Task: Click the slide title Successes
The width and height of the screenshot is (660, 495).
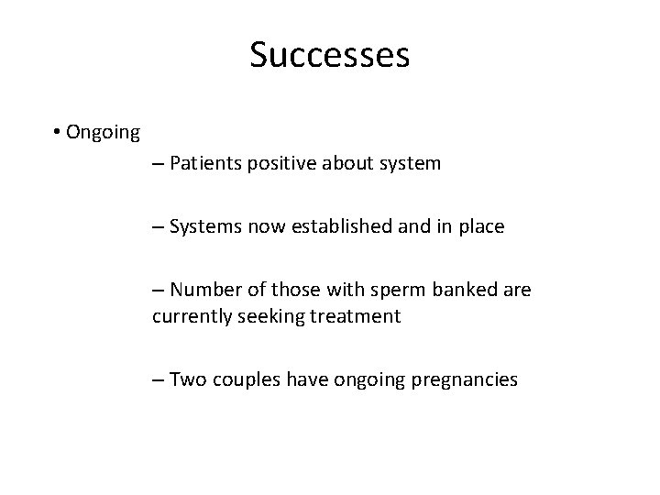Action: pyautogui.click(x=329, y=55)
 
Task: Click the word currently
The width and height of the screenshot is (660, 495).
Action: pyautogui.click(x=192, y=317)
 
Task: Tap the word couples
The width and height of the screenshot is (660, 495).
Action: pyautogui.click(x=247, y=379)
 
